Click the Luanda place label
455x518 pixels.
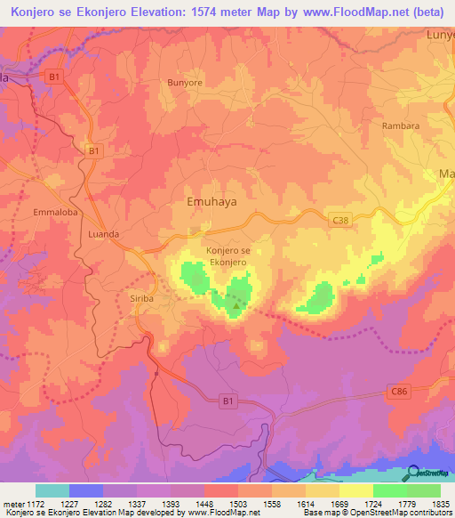click(x=105, y=233)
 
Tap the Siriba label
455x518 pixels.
click(x=142, y=299)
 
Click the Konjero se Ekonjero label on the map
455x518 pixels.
click(x=227, y=256)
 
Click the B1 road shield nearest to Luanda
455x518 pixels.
click(x=94, y=152)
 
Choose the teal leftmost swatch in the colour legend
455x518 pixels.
click(x=52, y=490)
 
